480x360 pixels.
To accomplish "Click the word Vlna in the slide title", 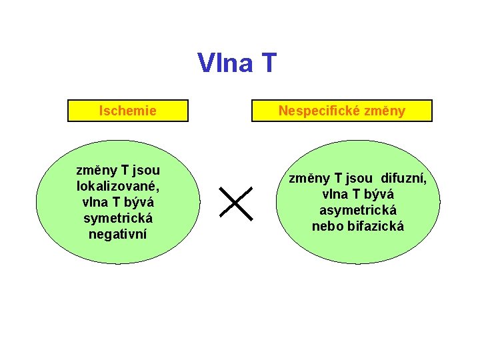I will (225, 63).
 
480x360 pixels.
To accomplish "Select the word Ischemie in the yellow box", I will (127, 111).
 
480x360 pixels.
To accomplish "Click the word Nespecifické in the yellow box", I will (316, 111).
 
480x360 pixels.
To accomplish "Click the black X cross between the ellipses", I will (236, 203).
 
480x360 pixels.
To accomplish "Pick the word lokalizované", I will (117, 186).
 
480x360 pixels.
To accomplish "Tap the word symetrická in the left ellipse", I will (118, 218).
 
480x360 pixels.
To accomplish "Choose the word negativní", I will (118, 234).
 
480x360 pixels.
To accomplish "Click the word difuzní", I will (403, 178).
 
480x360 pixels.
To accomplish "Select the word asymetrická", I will (357, 210).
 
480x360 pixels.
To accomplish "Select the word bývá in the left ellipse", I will (139, 202).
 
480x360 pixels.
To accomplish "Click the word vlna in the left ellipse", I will (94, 202).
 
